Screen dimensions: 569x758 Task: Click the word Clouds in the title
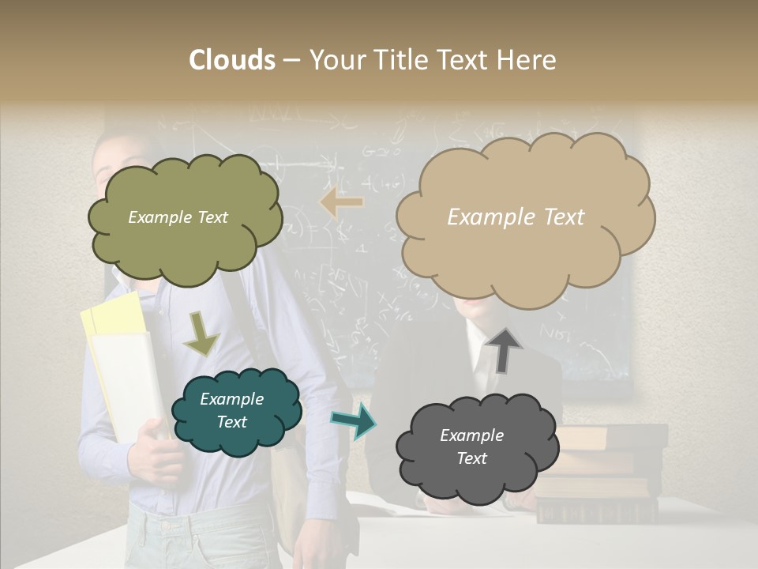tap(233, 60)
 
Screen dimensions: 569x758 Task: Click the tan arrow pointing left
tap(342, 202)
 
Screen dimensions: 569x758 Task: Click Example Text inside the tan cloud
tap(516, 217)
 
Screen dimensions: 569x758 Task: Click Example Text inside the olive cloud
tap(178, 217)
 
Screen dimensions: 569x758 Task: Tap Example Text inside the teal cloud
tap(231, 411)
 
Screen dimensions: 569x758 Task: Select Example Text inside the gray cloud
tap(471, 447)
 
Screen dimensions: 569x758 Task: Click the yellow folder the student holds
tap(114, 316)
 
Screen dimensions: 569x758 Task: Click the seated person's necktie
tap(483, 364)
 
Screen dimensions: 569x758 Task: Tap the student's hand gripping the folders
tap(154, 458)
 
